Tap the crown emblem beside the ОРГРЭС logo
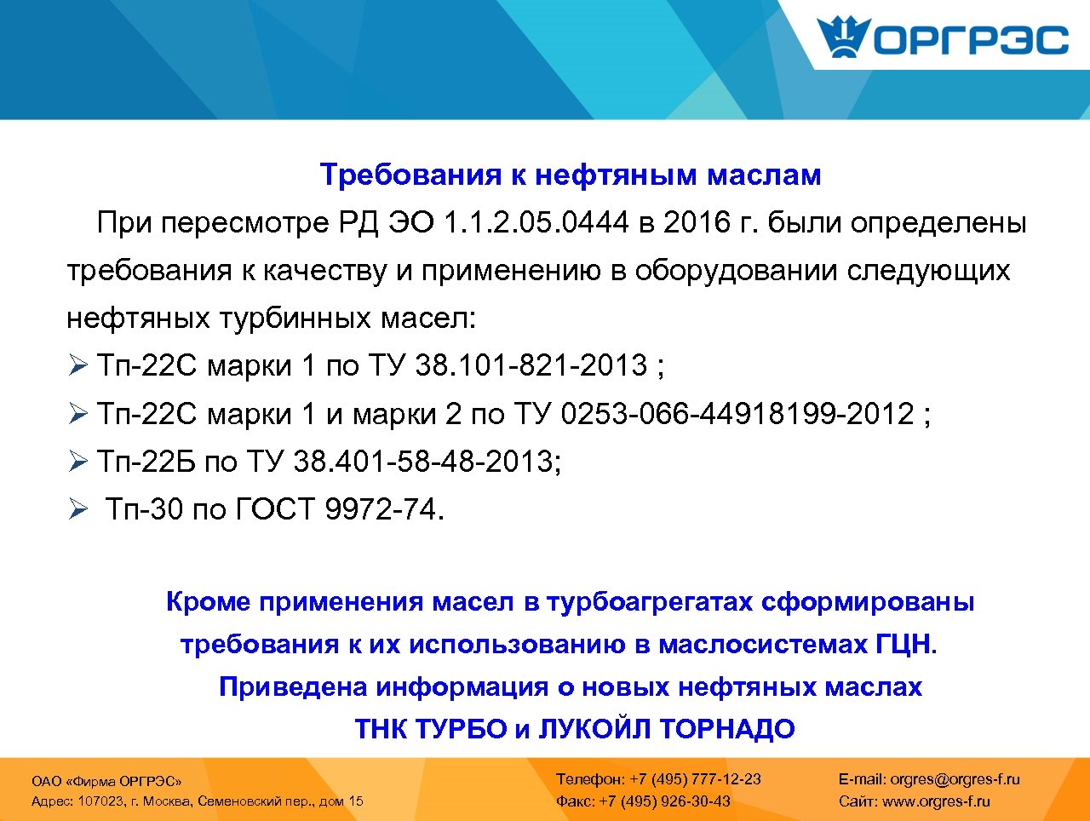[x=843, y=37]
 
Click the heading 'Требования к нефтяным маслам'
[x=571, y=175]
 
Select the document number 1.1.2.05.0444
[x=536, y=223]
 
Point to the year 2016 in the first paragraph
[x=697, y=223]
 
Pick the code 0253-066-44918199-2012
[x=737, y=414]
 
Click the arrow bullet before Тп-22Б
[x=78, y=462]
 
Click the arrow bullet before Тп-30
[x=78, y=510]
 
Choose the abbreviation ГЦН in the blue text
[x=904, y=644]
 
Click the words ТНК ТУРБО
[x=431, y=729]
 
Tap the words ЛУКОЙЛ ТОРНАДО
[x=667, y=729]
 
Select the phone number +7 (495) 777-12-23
[x=695, y=778]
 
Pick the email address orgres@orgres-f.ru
[x=955, y=778]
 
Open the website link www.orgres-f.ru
[x=936, y=801]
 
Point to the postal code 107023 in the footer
[x=100, y=801]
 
